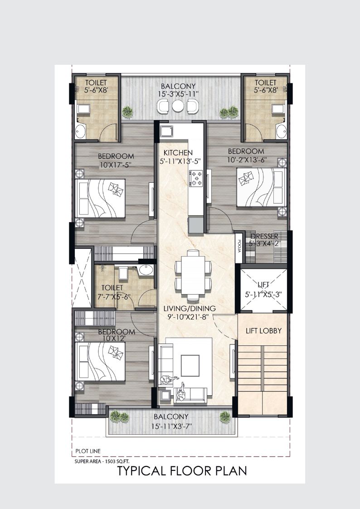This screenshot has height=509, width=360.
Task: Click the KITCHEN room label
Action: [x=178, y=153]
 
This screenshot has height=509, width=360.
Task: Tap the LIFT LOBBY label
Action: [x=263, y=331]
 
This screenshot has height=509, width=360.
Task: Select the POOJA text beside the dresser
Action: [x=239, y=246]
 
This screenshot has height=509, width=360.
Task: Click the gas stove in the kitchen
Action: [x=196, y=178]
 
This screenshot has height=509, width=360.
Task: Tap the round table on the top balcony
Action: [x=178, y=106]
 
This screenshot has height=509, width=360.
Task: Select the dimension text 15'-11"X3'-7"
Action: [x=171, y=427]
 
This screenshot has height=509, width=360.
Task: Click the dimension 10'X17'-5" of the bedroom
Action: [x=116, y=165]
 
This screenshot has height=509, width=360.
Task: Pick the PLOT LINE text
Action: [x=88, y=451]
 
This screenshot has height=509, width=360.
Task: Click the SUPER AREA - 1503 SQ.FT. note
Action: [x=102, y=461]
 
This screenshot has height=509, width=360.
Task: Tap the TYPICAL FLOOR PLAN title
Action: [x=182, y=470]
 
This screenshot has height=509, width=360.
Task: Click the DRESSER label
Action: [x=264, y=236]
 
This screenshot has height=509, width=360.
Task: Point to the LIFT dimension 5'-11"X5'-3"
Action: [x=263, y=294]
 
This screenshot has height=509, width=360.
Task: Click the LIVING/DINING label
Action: [x=190, y=308]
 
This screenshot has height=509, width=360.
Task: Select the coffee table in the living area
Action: [x=190, y=365]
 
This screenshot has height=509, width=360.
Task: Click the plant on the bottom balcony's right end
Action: [x=225, y=417]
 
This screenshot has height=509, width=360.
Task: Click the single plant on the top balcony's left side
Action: [x=127, y=112]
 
